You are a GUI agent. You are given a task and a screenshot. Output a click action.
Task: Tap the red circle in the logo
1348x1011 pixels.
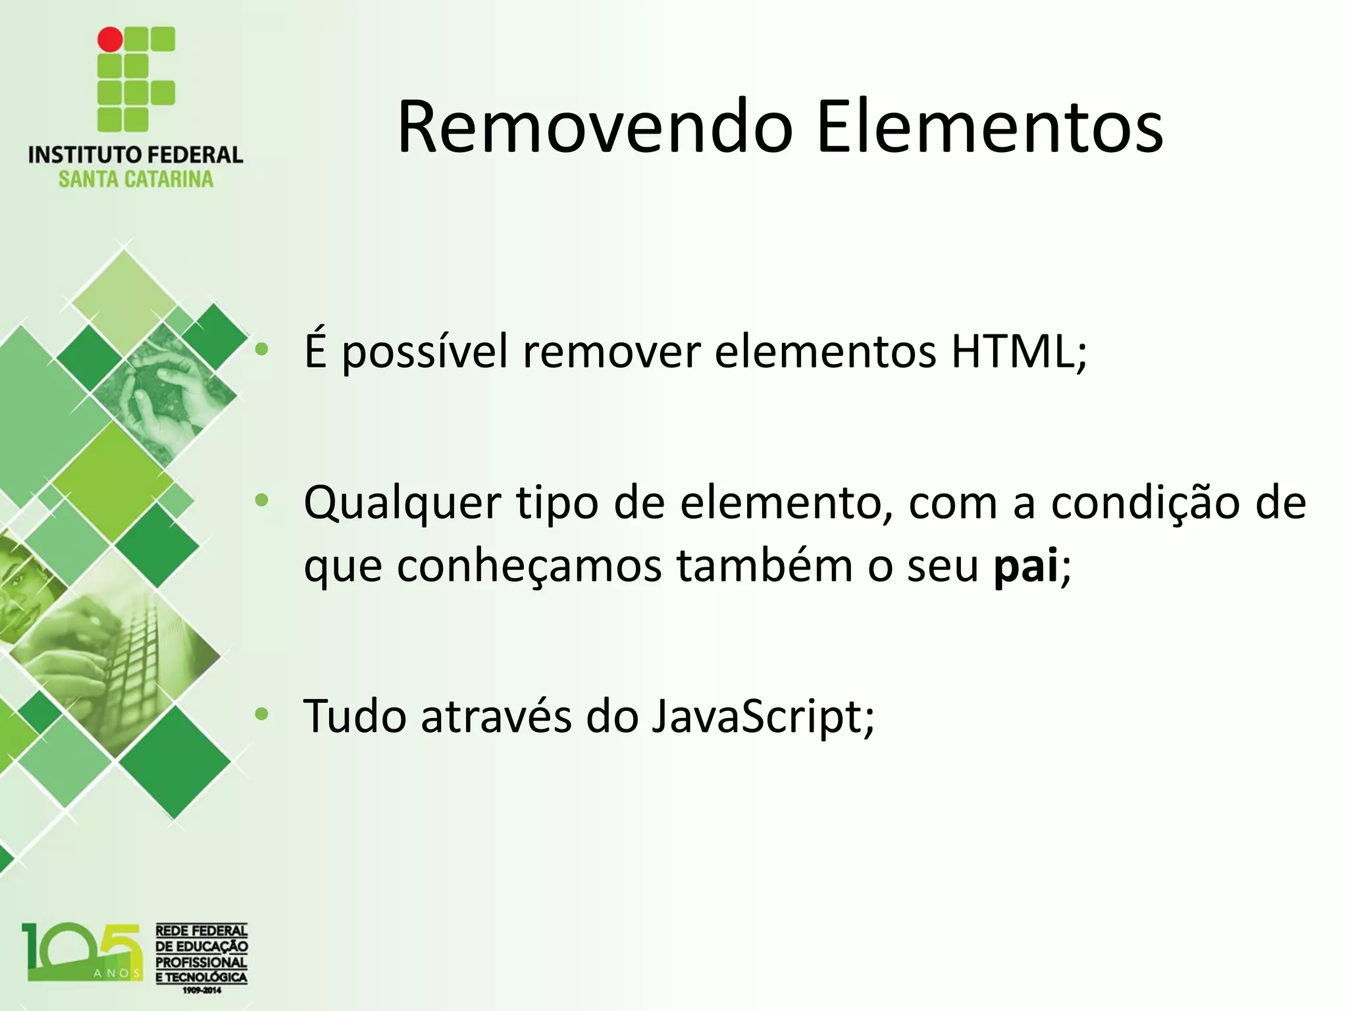110,39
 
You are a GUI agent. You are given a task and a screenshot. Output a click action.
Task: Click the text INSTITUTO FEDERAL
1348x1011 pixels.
136,155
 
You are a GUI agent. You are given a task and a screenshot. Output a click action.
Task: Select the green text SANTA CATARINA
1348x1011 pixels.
136,179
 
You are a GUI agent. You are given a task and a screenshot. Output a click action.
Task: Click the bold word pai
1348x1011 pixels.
1025,566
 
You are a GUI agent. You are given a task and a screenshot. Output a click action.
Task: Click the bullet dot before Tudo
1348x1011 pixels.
262,714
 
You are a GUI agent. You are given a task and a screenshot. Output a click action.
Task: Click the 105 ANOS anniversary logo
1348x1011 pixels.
82,951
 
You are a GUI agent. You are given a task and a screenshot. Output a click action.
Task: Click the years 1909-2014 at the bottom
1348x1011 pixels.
201,989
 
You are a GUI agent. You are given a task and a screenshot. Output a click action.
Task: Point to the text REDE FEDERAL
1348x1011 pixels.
201,931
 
